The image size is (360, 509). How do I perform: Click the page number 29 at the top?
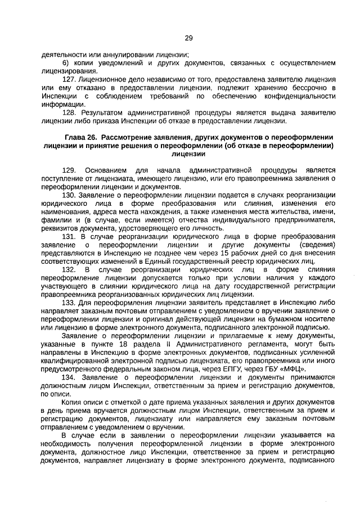188,38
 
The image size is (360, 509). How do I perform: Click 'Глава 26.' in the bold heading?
81,138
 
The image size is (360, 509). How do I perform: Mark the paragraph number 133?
69,303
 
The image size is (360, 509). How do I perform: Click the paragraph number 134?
69,377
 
